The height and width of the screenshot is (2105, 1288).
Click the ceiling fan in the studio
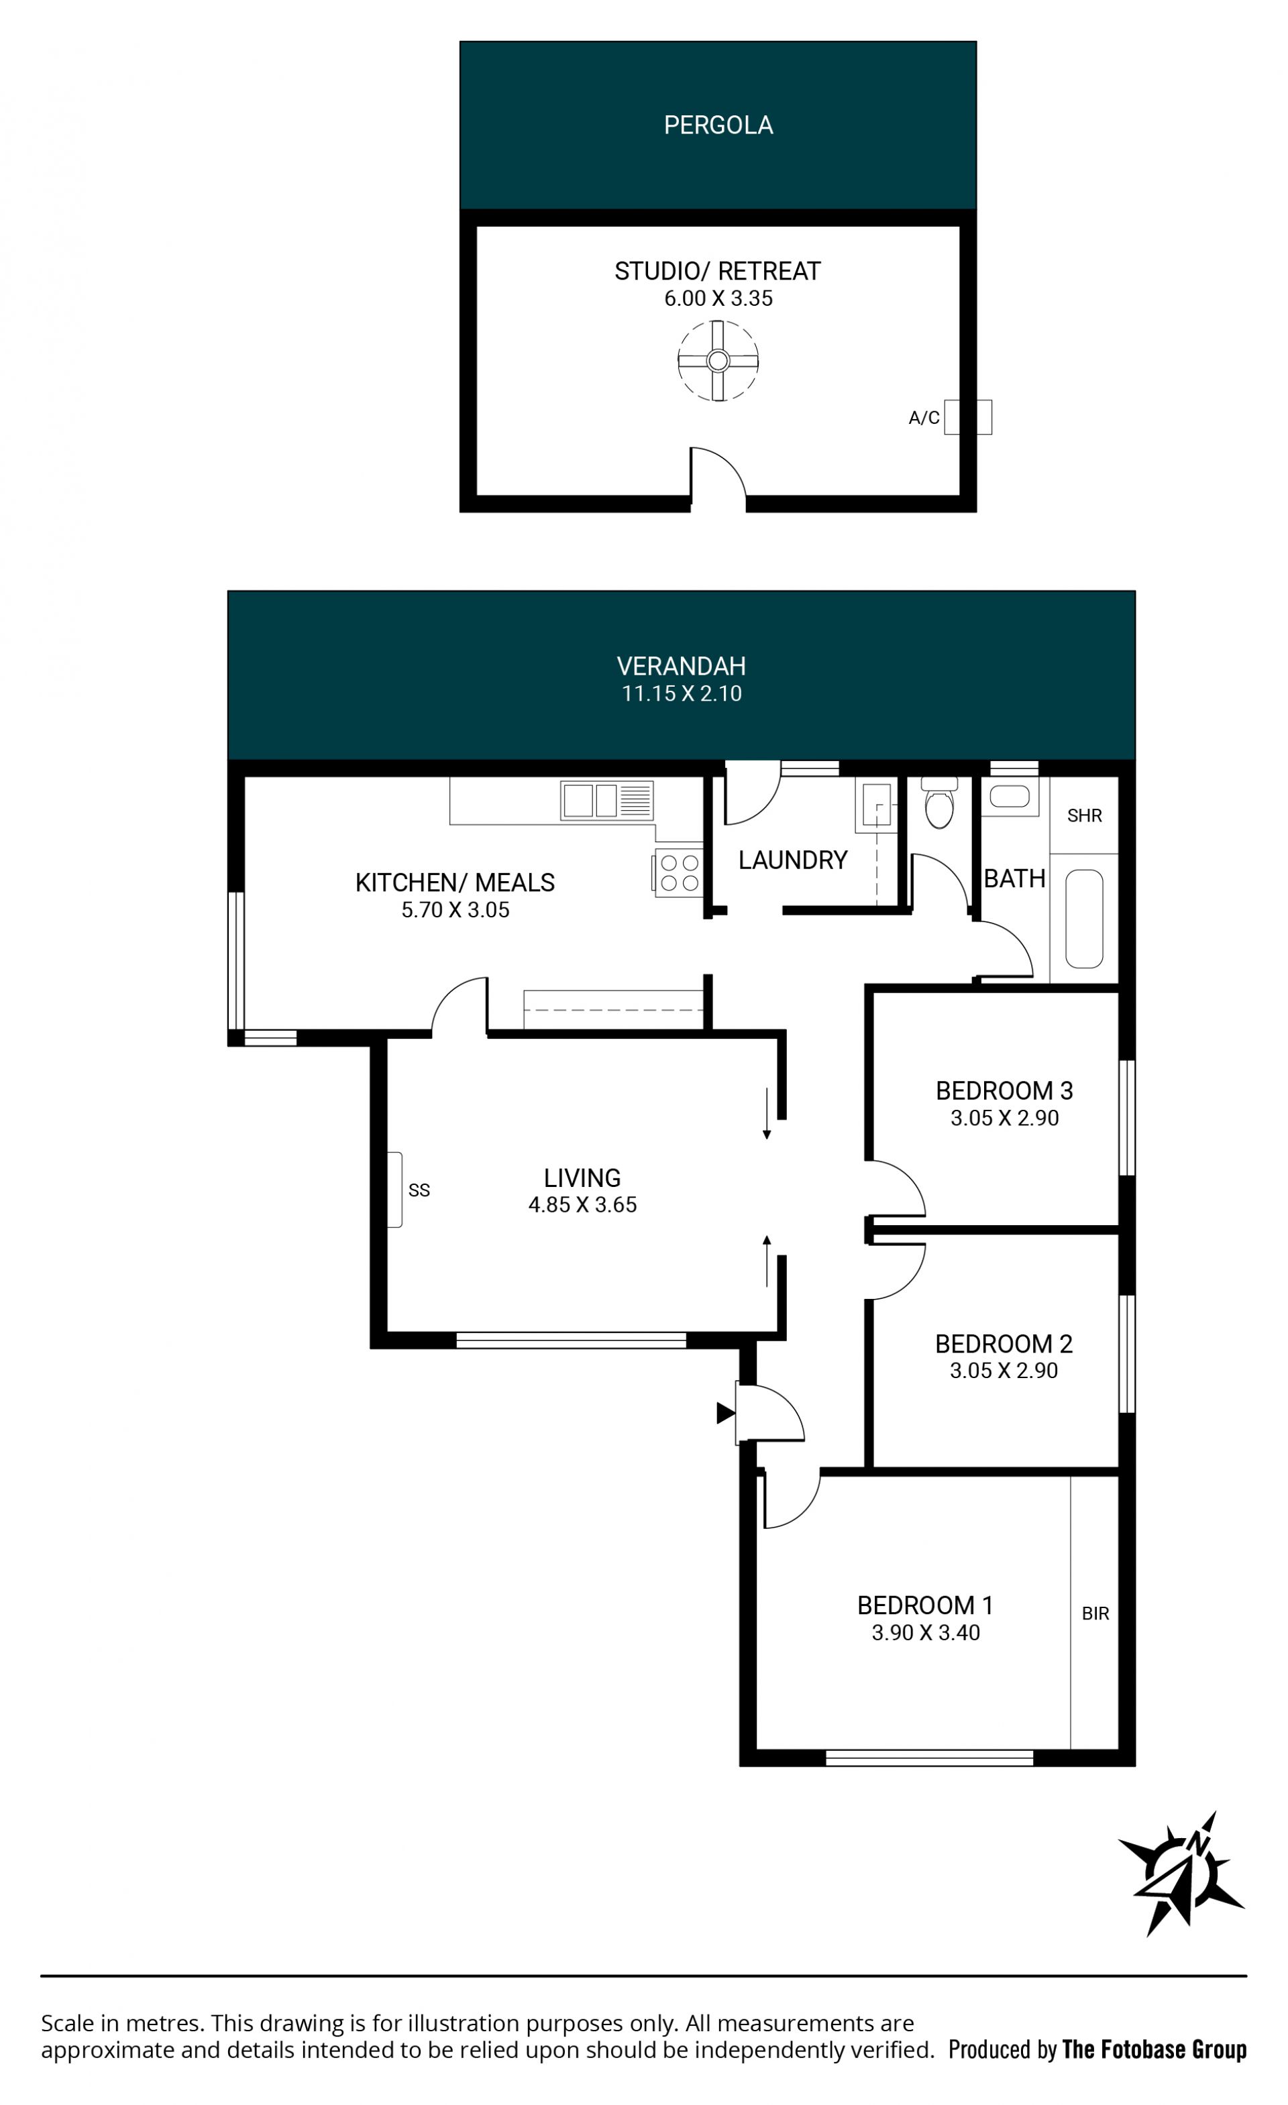coord(718,361)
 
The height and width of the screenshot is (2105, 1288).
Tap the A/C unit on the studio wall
coord(967,417)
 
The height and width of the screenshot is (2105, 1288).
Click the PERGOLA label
coord(718,125)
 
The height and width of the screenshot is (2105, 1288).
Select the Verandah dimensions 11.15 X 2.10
coord(681,693)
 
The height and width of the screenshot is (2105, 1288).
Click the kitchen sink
coord(607,801)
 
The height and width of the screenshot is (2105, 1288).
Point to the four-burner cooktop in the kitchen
coord(680,873)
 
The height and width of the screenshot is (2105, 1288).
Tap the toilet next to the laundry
coord(938,802)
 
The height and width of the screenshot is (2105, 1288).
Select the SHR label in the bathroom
coord(1084,816)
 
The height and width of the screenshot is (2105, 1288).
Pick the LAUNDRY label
coord(792,860)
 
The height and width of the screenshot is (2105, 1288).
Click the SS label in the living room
coord(419,1190)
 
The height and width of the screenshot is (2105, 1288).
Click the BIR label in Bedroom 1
coord(1095,1613)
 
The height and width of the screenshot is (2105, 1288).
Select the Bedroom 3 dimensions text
coord(1004,1119)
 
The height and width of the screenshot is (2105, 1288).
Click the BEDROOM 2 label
coord(1004,1344)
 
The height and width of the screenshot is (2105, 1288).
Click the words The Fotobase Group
coord(1154,2049)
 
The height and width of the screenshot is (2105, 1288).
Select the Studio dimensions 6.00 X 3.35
coord(718,298)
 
